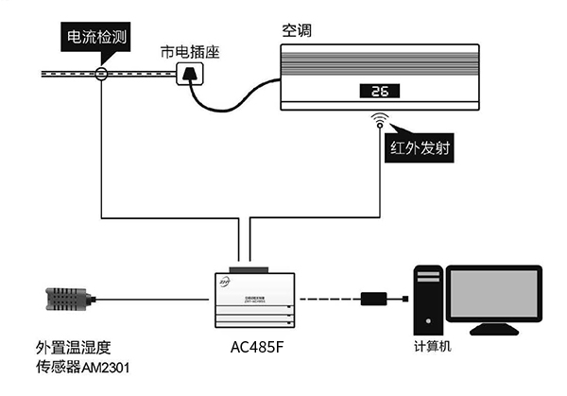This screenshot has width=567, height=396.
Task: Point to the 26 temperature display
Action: point(381,92)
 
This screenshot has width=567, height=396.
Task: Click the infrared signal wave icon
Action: point(381,120)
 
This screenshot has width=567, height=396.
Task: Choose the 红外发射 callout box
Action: point(420,147)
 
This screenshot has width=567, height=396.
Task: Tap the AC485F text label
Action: point(256,346)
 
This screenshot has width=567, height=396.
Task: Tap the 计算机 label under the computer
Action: point(434,346)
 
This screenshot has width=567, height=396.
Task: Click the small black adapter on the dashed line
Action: point(374,301)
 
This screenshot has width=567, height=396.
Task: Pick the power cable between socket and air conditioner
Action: point(236,99)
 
